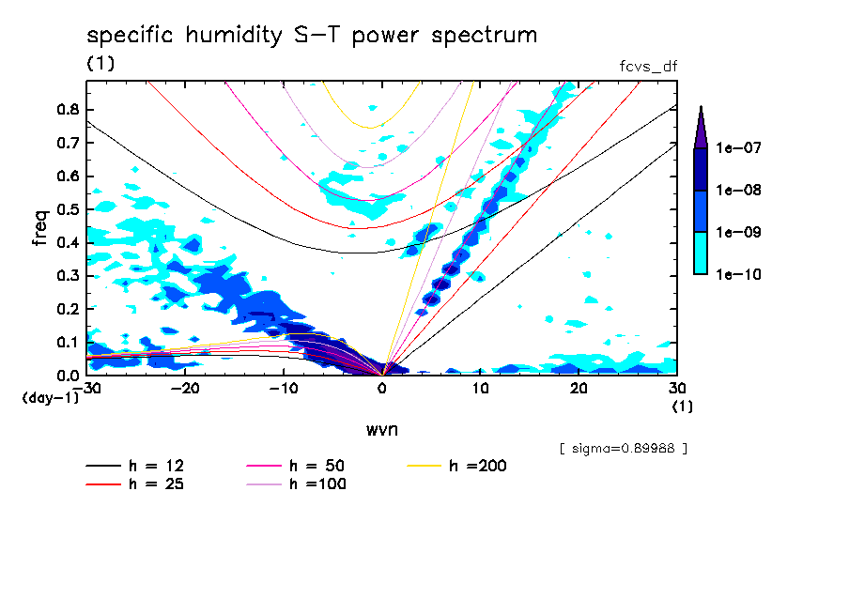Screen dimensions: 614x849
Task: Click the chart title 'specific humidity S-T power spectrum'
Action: pos(312,37)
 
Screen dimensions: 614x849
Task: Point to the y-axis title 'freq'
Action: pos(40,227)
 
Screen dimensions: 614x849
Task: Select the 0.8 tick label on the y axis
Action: pos(68,109)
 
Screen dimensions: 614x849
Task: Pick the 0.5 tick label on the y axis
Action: pos(68,208)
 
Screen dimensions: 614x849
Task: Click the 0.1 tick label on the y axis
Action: pos(68,342)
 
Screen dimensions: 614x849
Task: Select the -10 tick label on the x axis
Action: pos(284,389)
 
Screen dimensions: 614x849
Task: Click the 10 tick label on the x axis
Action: pos(480,389)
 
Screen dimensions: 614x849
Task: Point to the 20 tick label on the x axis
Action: pos(579,389)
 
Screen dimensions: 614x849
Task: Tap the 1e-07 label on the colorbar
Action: pos(736,148)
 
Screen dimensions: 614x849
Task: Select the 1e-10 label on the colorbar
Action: pos(736,275)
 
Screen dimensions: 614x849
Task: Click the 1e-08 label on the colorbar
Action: pos(736,191)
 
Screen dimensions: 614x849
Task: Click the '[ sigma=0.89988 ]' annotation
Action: pos(623,449)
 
